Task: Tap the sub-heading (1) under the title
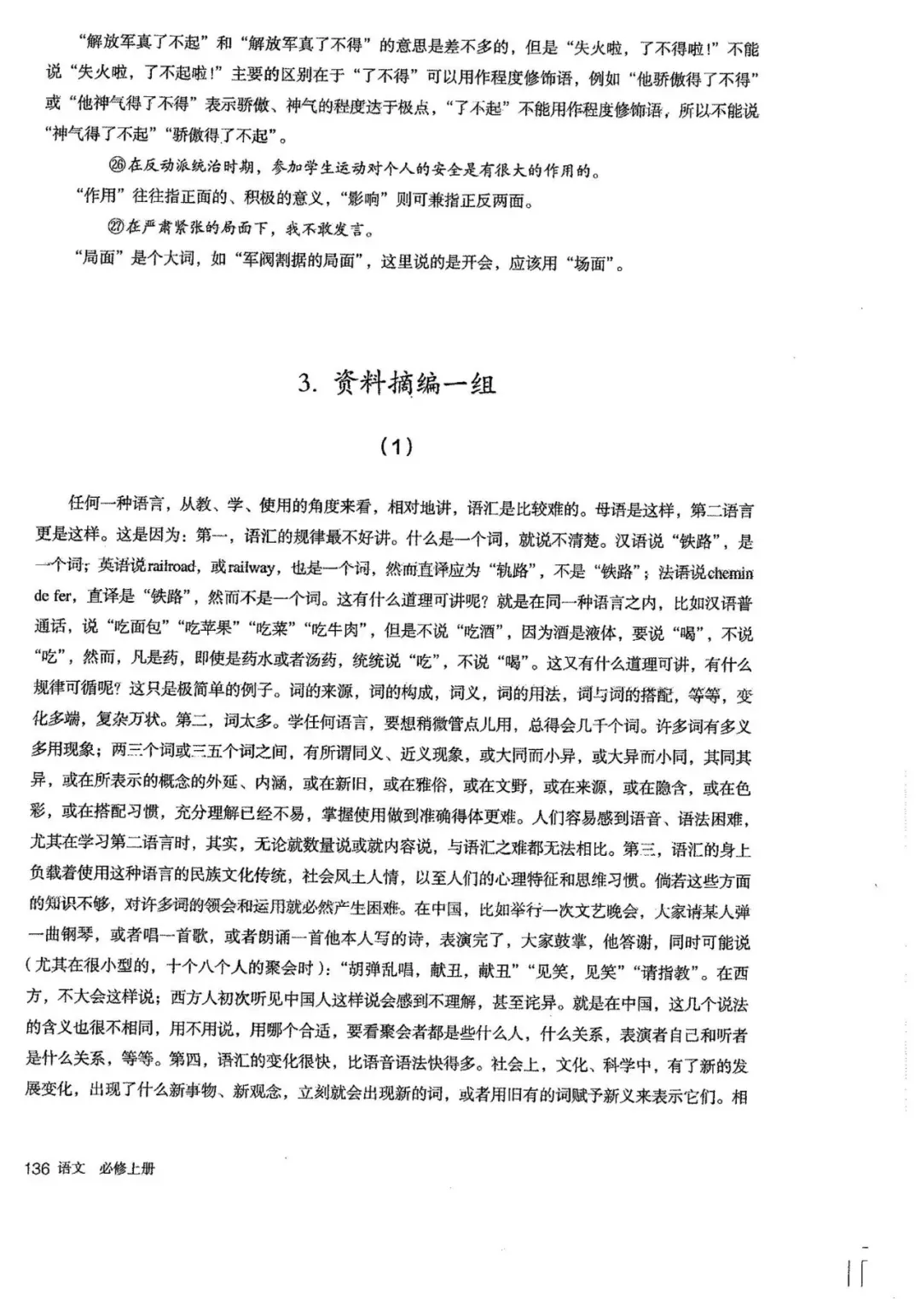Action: click(396, 445)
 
